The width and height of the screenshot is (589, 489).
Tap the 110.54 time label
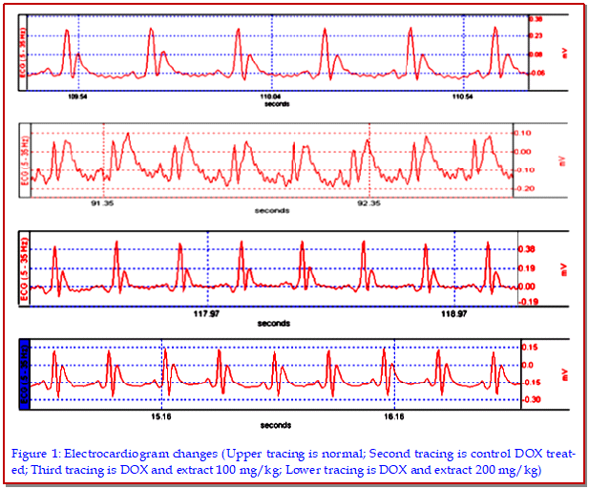(x=462, y=96)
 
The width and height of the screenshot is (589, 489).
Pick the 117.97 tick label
(x=207, y=312)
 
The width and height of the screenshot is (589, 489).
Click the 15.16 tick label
(x=161, y=416)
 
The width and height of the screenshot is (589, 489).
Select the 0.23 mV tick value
(x=536, y=35)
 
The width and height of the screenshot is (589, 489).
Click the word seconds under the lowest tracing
(x=276, y=425)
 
